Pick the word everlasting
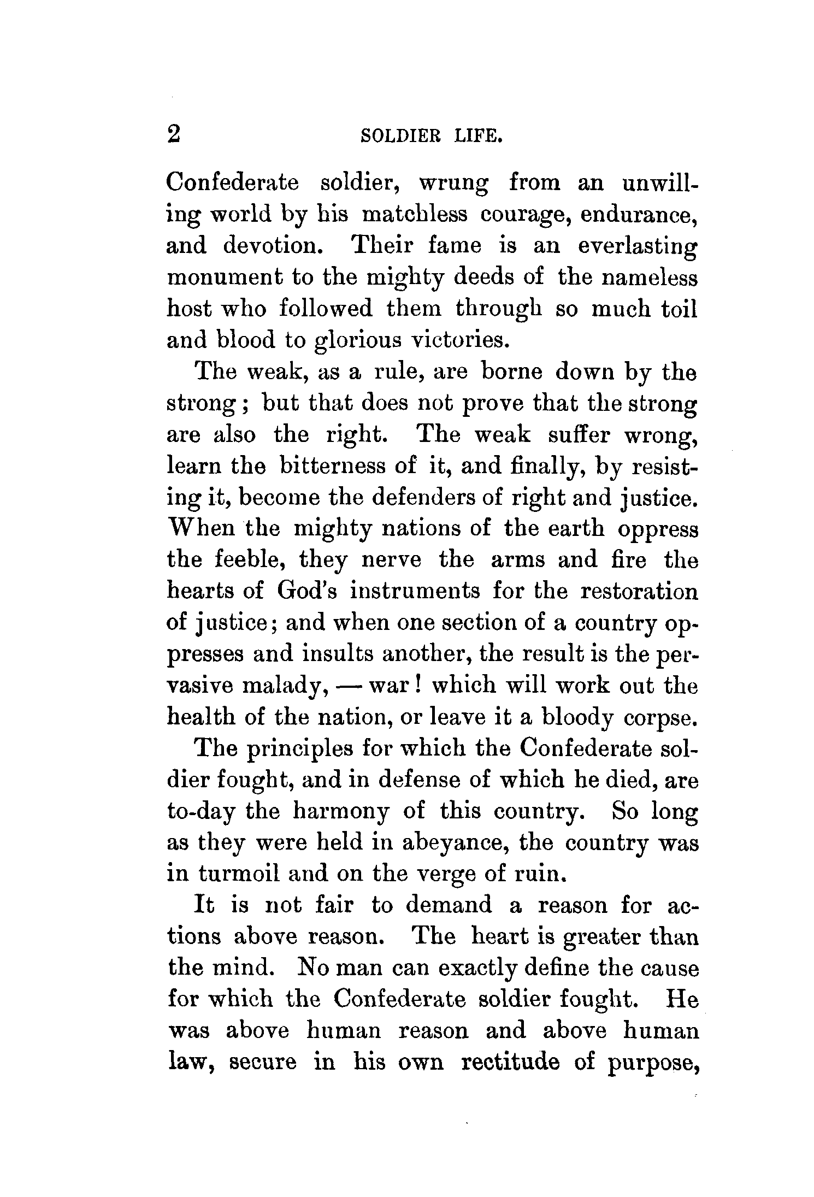tap(638, 246)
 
